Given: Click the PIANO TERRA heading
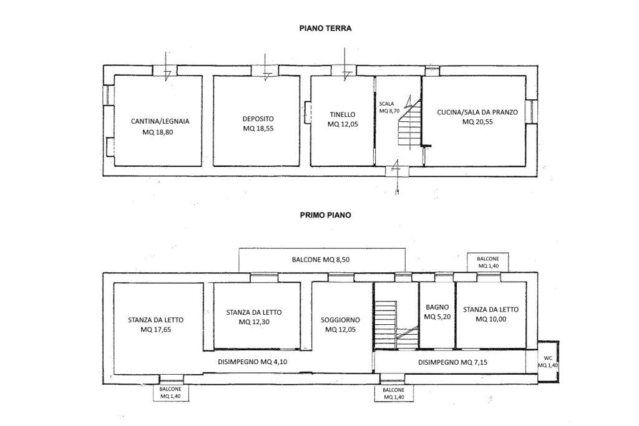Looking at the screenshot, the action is pyautogui.click(x=325, y=29).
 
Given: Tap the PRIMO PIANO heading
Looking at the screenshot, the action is pyautogui.click(x=325, y=215).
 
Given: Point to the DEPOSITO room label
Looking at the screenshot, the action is pyautogui.click(x=258, y=119).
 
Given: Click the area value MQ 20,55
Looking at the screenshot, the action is pyautogui.click(x=477, y=122).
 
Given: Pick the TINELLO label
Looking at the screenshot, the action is pyautogui.click(x=343, y=115).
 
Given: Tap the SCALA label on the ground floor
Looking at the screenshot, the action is pyautogui.click(x=386, y=104).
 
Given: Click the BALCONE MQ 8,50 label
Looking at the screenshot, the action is pyautogui.click(x=321, y=259).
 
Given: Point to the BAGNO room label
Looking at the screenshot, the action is pyautogui.click(x=437, y=307).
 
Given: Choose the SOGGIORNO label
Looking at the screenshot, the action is pyautogui.click(x=340, y=320).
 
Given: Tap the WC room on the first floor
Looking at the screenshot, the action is pyautogui.click(x=548, y=362).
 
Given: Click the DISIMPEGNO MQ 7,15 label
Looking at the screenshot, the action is pyautogui.click(x=453, y=362).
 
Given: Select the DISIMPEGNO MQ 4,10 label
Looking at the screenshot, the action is pyautogui.click(x=253, y=362).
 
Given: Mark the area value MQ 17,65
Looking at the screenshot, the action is pyautogui.click(x=155, y=330).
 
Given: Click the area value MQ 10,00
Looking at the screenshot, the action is pyautogui.click(x=491, y=319).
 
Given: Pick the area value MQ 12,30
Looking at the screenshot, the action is pyautogui.click(x=254, y=322).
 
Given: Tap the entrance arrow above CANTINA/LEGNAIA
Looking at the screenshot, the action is pyautogui.click(x=166, y=66).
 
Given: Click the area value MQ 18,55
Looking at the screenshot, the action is pyautogui.click(x=258, y=128).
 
